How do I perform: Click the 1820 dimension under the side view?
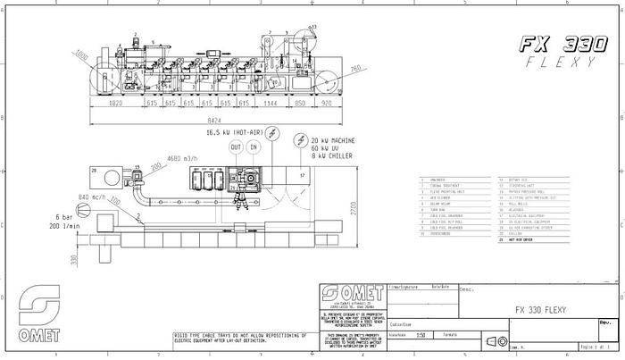click(114, 104)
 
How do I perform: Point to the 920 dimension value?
click(328, 104)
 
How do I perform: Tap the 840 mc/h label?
click(93, 197)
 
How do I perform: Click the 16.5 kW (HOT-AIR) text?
click(226, 131)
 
